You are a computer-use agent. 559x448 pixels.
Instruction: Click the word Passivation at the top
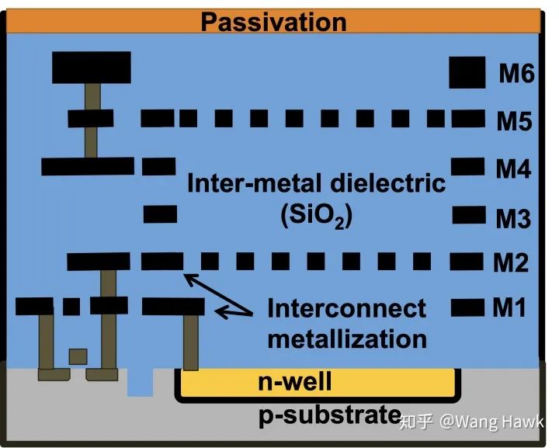[273, 22]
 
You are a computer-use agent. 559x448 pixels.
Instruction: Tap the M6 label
[517, 75]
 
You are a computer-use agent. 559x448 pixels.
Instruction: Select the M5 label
[514, 121]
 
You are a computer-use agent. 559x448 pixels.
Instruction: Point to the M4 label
[513, 168]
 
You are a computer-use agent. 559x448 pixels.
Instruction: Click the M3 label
[512, 219]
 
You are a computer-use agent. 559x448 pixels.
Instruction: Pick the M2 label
[511, 264]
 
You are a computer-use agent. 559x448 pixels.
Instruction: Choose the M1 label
[509, 308]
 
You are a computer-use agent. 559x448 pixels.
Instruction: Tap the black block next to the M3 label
[467, 214]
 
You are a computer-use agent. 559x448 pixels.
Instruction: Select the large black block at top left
[91, 68]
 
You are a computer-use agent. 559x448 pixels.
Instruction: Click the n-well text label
[294, 382]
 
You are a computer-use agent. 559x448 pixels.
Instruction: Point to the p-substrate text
[330, 415]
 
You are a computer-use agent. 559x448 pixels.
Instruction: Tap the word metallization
[346, 339]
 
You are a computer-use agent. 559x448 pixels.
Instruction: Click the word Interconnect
[346, 309]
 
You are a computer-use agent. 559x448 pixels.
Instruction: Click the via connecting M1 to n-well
[189, 342]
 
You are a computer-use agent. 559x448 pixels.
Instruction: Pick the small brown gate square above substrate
[78, 356]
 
